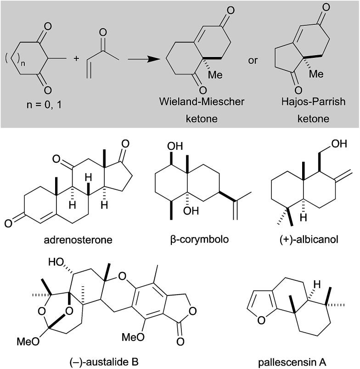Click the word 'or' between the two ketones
(253, 60)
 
